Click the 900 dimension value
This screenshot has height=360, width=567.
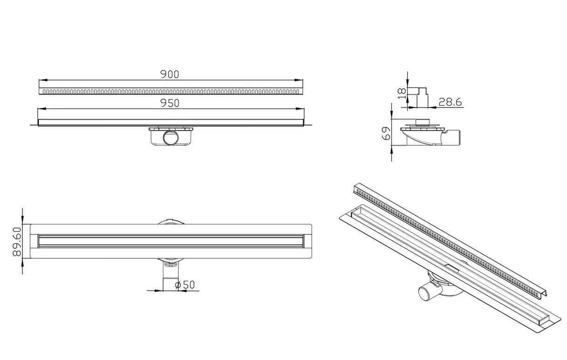(170, 74)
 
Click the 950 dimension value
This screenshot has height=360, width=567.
(170, 103)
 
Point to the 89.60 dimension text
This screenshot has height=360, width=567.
(17, 241)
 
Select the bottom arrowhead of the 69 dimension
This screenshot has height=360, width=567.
(392, 148)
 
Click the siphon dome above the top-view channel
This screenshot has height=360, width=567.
(171, 223)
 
